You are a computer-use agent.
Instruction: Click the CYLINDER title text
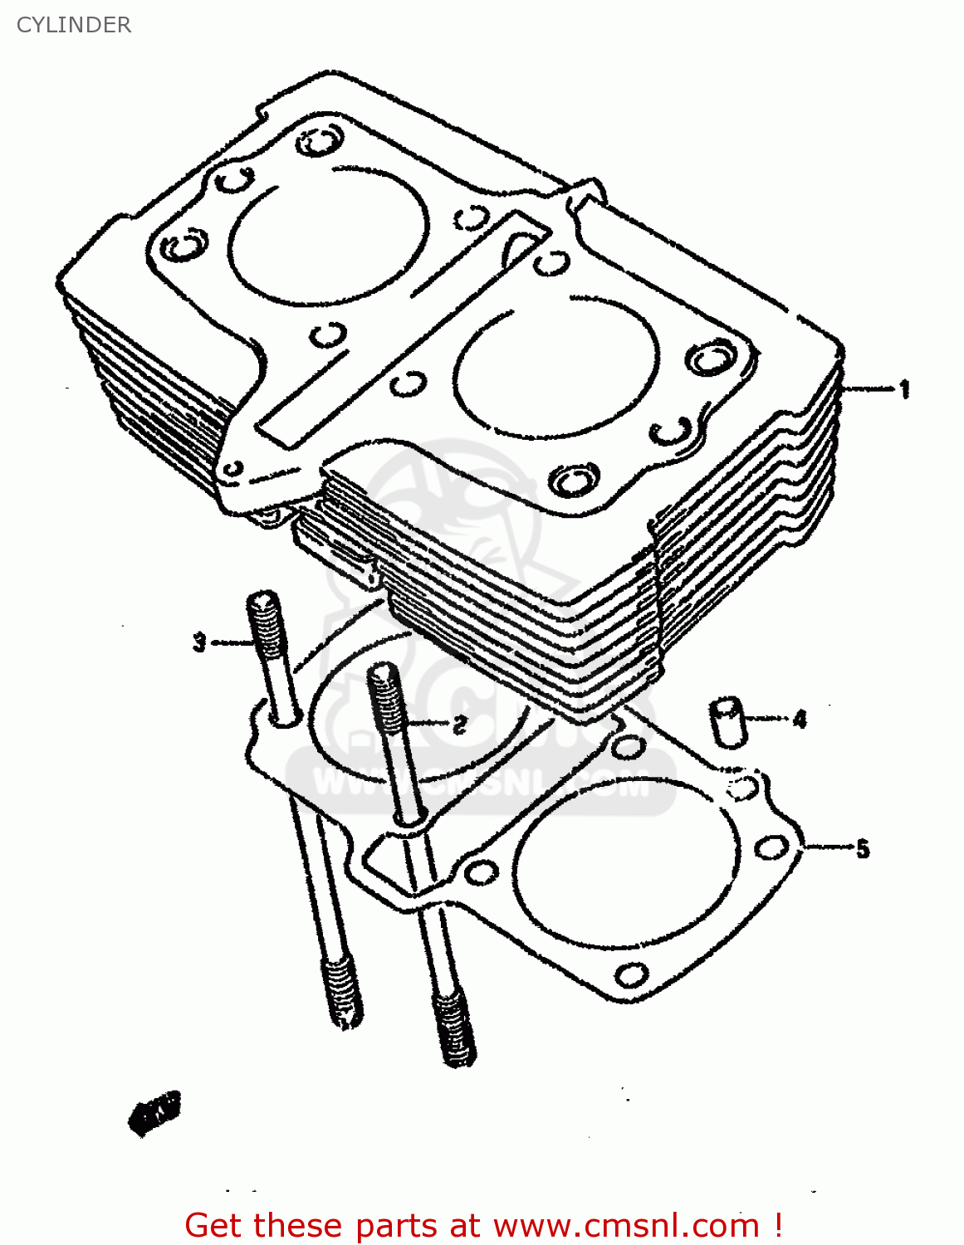coord(74,25)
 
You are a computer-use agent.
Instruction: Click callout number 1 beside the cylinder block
coord(905,388)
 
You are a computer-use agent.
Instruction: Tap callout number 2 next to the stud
coord(459,725)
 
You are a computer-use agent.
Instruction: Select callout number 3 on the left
coord(199,642)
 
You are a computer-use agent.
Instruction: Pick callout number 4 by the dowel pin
coord(800,719)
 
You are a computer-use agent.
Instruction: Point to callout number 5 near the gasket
coord(863,848)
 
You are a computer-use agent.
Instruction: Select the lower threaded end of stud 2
coord(454,1029)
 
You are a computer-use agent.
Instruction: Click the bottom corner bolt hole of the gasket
coord(632,974)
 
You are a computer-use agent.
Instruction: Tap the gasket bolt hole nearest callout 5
coord(772,847)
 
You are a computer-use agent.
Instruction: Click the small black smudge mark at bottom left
coord(154,1111)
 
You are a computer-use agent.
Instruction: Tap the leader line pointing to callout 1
coord(868,388)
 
